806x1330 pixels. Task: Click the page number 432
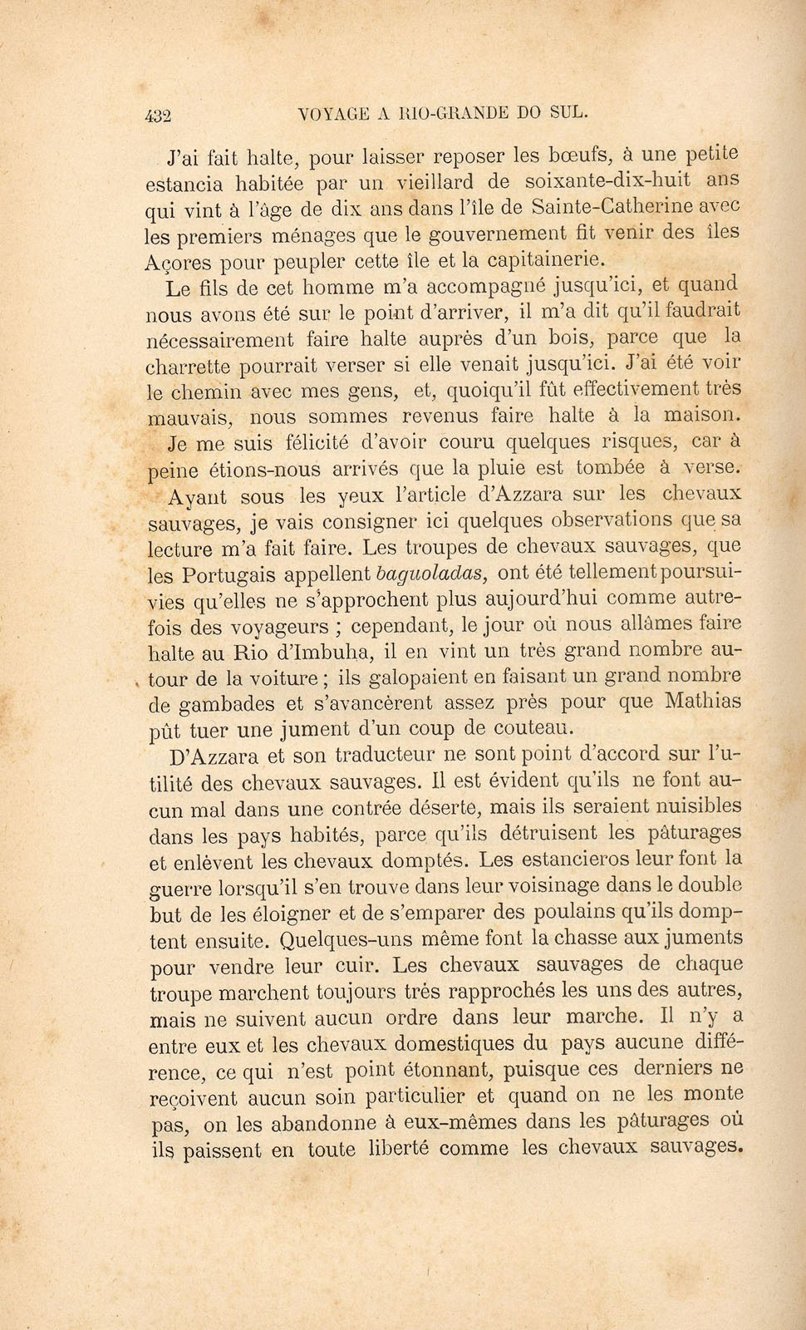156,116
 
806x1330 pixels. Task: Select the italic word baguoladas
430,573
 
